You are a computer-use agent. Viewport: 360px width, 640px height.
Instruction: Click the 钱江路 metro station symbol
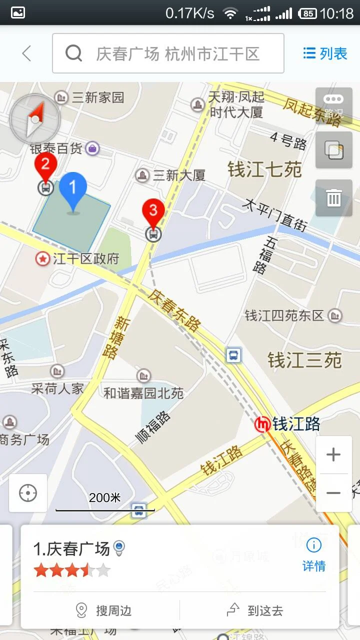point(262,424)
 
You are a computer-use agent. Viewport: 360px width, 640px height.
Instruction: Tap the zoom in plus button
point(333,454)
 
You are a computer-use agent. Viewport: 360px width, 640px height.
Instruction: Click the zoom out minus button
point(333,493)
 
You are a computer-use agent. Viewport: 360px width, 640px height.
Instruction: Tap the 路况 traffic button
point(333,105)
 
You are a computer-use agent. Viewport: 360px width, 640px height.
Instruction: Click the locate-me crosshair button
point(28,493)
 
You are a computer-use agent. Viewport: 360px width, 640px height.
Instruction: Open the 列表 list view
point(325,53)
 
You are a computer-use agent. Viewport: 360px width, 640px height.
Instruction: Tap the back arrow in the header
point(26,53)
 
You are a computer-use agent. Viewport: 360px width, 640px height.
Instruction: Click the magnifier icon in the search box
point(73,53)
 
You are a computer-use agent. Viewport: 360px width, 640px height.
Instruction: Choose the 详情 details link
point(314,555)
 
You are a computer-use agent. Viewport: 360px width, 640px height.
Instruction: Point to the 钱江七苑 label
point(264,170)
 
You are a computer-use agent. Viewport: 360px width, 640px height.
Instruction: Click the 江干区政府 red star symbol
point(42,258)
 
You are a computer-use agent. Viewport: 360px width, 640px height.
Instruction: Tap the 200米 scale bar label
point(105,498)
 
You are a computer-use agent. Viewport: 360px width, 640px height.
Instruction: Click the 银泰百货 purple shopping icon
point(92,148)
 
